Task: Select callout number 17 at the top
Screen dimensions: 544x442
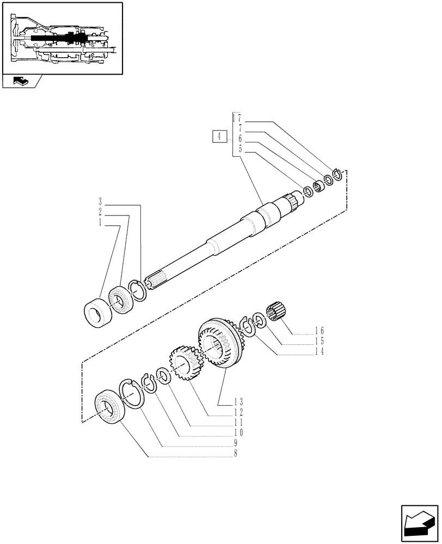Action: click(236, 118)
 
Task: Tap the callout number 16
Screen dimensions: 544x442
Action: click(319, 330)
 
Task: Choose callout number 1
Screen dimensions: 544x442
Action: click(100, 221)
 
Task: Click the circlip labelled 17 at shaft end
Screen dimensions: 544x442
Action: click(337, 175)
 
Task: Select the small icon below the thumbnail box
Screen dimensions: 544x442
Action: click(20, 82)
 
